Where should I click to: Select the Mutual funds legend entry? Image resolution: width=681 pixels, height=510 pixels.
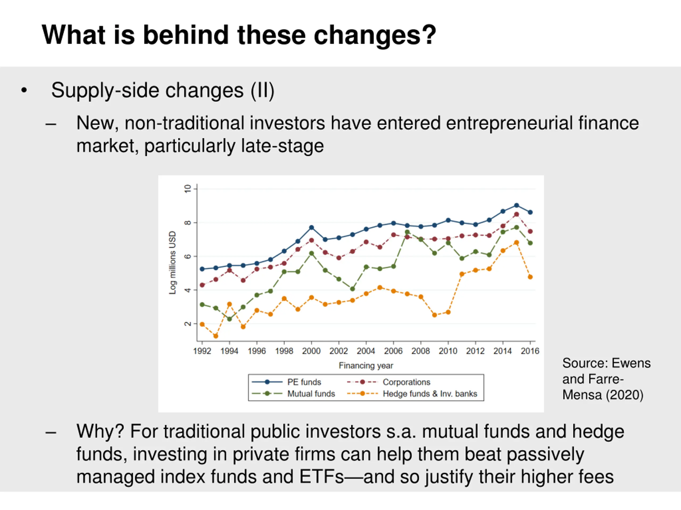pyautogui.click(x=311, y=394)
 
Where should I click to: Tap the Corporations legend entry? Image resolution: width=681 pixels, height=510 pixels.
pyautogui.click(x=406, y=382)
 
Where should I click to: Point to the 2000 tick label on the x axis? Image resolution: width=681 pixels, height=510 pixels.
pyautogui.click(x=311, y=351)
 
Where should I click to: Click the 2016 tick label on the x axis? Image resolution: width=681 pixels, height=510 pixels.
pyautogui.click(x=530, y=351)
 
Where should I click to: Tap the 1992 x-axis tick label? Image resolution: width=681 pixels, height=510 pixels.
pyautogui.click(x=202, y=351)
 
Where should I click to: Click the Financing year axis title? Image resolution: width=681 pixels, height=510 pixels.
pyautogui.click(x=366, y=365)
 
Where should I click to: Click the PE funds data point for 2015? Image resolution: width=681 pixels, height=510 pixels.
pyautogui.click(x=516, y=205)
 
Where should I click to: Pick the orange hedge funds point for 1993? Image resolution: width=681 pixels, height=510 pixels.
pyautogui.click(x=216, y=336)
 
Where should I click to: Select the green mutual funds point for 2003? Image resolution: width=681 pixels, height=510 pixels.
pyautogui.click(x=352, y=289)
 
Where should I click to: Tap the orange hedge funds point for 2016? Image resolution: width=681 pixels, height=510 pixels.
pyautogui.click(x=530, y=277)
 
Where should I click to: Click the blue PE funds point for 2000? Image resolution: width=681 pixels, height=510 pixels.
pyautogui.click(x=311, y=227)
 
